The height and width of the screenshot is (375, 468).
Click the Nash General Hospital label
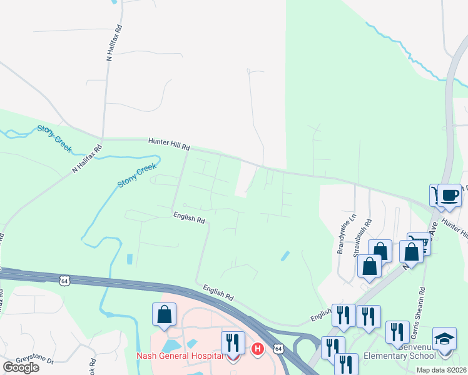pos(180,356)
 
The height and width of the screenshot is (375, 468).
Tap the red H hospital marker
pos(257,348)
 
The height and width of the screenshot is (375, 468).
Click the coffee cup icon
pos(449,194)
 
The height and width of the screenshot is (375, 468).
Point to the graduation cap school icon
pos(444,339)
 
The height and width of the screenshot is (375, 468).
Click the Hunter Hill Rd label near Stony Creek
pos(168,144)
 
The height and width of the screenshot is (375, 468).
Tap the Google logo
pos(21,367)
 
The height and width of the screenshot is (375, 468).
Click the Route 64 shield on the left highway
pos(64,281)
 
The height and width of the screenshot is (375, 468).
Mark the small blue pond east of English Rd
pos(285,255)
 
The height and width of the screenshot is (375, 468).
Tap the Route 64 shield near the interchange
pos(278,346)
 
